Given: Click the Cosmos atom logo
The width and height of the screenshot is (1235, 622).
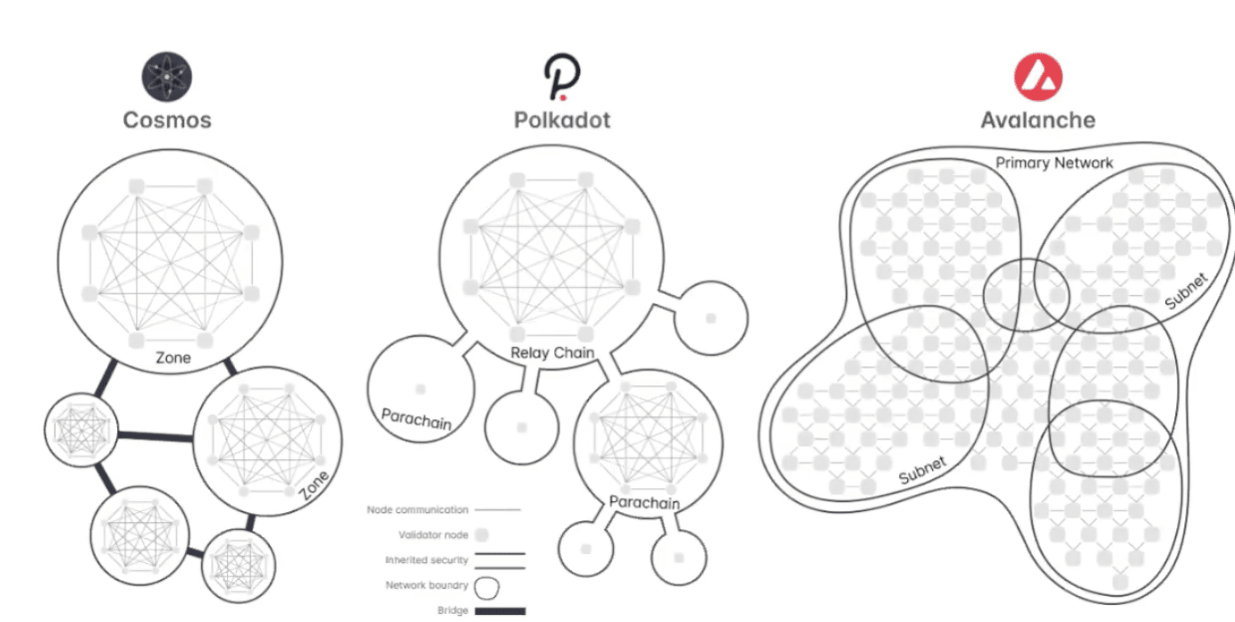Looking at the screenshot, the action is tap(167, 77).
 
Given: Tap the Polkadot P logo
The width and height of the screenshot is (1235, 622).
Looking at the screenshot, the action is tap(562, 77).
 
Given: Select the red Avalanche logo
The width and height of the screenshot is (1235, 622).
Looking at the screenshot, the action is tap(1038, 77).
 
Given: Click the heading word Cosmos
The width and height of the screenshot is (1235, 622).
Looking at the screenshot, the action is tap(167, 121).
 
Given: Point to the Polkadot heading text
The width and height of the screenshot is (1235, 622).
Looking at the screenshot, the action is tap(562, 121).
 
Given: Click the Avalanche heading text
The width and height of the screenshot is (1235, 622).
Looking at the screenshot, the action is tap(1038, 121).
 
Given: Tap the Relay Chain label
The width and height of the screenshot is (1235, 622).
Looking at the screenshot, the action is tap(552, 353).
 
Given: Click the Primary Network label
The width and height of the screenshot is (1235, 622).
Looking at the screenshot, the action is tap(1054, 164).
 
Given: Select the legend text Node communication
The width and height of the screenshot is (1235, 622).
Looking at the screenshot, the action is tap(417, 510).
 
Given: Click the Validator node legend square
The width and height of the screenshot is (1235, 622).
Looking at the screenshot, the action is tap(482, 535).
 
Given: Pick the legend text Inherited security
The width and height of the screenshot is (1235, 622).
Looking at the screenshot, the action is tap(427, 560).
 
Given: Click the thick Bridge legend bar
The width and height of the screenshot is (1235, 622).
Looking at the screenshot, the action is tap(500, 611).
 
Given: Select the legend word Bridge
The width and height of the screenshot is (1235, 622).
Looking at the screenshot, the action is tap(453, 610).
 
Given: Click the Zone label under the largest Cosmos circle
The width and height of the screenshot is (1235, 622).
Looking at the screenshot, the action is tap(173, 358).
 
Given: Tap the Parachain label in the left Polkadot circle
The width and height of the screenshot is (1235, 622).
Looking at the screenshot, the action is tap(416, 419).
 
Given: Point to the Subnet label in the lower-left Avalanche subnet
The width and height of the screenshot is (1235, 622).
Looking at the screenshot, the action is tap(922, 471).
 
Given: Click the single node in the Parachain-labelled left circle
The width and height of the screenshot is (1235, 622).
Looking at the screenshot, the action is tap(420, 390).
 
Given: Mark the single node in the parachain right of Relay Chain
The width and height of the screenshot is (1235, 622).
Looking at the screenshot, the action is tap(710, 318).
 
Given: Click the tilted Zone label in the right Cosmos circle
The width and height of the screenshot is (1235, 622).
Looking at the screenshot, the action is tap(315, 485).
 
